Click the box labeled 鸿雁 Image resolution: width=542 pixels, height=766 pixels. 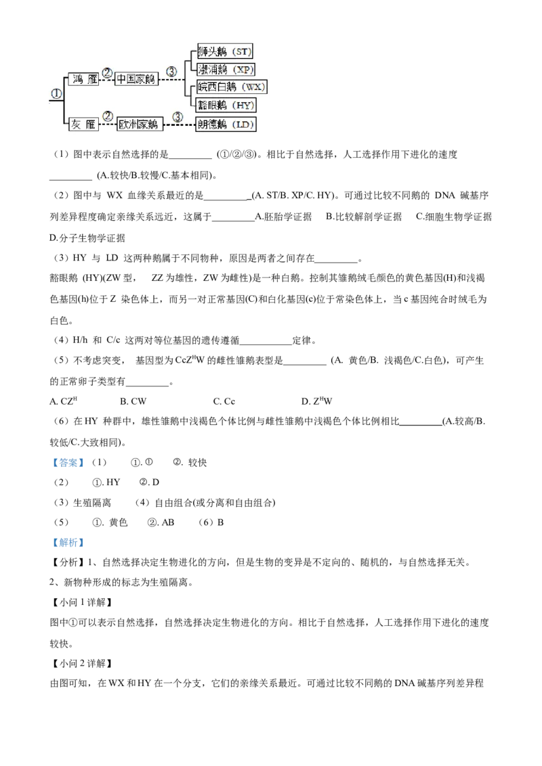(83, 79)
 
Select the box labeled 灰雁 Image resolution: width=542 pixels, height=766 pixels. (83, 124)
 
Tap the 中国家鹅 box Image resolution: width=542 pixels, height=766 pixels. (135, 79)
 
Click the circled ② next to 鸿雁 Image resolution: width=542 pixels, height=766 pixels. (107, 72)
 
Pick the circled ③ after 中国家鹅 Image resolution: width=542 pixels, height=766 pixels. (171, 70)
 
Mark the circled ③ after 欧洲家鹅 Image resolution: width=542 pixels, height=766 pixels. (178, 116)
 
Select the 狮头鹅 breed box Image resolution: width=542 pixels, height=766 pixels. (224, 51)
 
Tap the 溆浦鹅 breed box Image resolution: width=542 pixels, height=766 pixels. (225, 69)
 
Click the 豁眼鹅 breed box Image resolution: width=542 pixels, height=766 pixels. (225, 105)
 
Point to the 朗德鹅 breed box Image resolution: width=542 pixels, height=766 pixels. (224, 124)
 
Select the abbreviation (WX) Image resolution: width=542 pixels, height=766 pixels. (255, 87)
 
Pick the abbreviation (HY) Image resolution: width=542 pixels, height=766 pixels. (241, 105)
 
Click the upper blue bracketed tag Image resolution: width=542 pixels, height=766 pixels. (68, 464)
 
